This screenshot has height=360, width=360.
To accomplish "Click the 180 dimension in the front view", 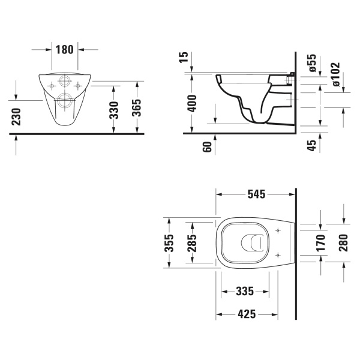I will point(64,49).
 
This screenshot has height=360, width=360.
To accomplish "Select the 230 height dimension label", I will point(16,117).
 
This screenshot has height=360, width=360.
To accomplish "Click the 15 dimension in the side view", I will point(184,58).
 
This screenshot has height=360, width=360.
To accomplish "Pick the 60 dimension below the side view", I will point(208,147).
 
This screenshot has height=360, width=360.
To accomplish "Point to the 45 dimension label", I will point(311,145).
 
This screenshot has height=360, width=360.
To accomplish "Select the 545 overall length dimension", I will point(256,194).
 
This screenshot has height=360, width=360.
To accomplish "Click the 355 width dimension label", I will point(170,242).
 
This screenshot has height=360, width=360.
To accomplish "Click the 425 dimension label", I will point(246,314).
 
